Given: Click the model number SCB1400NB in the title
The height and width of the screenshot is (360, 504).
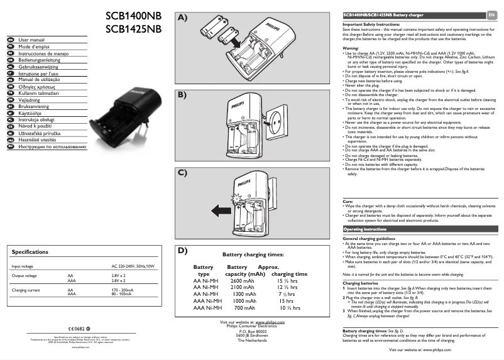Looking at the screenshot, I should [133, 14].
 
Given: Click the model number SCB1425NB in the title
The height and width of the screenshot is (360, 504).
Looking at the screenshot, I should [133, 28].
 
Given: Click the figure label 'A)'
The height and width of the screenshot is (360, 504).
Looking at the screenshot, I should [182, 18].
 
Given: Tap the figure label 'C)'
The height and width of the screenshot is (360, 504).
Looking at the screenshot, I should [182, 172].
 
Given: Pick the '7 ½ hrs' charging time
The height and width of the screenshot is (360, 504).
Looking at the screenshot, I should [290, 294].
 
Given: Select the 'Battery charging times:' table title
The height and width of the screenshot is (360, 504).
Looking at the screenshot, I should [253, 254].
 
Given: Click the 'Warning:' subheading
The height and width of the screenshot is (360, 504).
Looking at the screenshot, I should [351, 48].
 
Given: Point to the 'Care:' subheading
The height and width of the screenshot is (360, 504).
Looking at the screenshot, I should [348, 201].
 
